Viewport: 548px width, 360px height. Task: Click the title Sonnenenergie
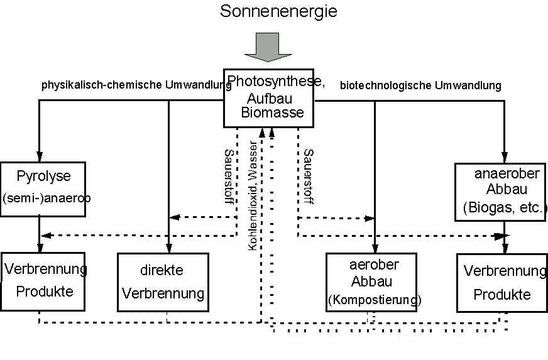[x=270, y=11]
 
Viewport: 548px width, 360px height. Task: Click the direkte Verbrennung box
[x=163, y=282]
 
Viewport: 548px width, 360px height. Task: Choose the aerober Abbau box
[x=371, y=282]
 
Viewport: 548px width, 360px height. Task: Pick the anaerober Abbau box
[x=500, y=191]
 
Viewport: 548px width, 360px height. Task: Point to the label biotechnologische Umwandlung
[x=420, y=85]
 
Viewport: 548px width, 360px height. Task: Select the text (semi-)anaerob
[x=47, y=198]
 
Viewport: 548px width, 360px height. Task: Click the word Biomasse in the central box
[x=273, y=113]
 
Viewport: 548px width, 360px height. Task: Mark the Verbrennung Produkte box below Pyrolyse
[x=43, y=281]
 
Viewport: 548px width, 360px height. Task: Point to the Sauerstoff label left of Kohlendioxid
[x=229, y=177]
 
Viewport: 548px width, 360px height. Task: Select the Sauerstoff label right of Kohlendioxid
[x=309, y=177]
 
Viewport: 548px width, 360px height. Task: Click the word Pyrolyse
[x=44, y=176]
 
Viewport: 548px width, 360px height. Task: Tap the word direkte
[x=162, y=271]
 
